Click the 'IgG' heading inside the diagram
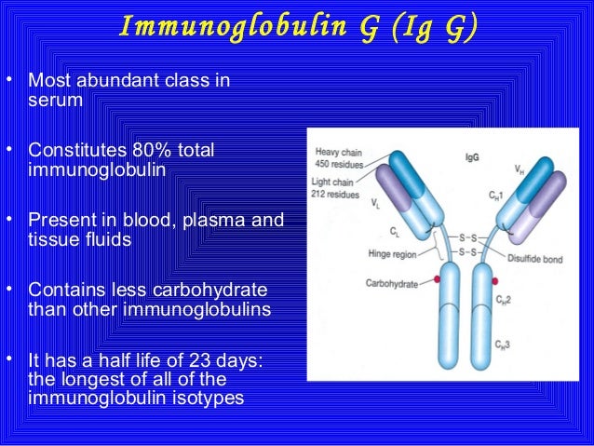coord(473,159)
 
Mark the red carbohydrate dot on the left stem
coord(436,279)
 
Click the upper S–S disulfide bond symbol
coord(469,238)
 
